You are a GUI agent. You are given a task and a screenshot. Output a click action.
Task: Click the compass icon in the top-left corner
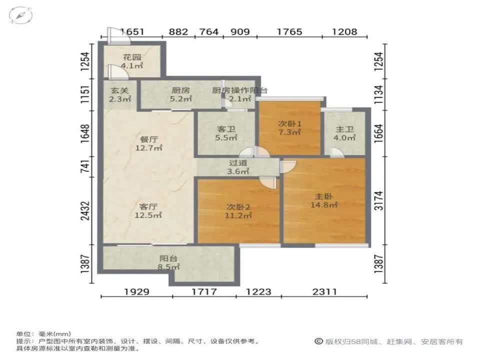coord(20,15)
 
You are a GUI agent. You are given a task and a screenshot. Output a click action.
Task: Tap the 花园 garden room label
coord(132,61)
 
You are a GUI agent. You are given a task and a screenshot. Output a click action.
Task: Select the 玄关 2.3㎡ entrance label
coord(119,94)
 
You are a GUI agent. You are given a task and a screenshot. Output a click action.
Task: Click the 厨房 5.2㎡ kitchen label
coord(180,94)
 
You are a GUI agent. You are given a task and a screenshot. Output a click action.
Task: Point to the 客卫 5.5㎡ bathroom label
coord(226,133)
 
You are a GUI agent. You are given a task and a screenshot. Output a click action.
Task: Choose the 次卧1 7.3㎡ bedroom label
coord(289,128)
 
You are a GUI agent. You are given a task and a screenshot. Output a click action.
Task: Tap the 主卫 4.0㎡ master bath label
coord(344,133)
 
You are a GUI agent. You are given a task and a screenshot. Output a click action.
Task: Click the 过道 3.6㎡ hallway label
coord(238,167)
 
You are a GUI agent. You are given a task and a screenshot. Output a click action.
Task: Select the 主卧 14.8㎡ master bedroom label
coord(324,200)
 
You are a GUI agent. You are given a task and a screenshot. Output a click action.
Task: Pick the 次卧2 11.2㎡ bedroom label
coord(238,211)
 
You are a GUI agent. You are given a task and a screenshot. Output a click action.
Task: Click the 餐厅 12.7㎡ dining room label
coord(149,143)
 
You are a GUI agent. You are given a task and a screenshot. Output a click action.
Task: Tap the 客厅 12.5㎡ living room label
coord(148,210)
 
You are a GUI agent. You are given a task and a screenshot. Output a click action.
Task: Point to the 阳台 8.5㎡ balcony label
coord(168,262)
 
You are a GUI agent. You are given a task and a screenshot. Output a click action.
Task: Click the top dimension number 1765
coord(289,31)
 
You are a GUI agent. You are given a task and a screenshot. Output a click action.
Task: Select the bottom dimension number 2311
coord(324,291)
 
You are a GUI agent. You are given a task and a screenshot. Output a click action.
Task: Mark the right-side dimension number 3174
coord(379,200)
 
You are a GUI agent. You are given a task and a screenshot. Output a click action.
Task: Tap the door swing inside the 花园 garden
coord(117,72)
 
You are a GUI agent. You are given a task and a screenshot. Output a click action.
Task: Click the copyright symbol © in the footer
coord(318,341)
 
